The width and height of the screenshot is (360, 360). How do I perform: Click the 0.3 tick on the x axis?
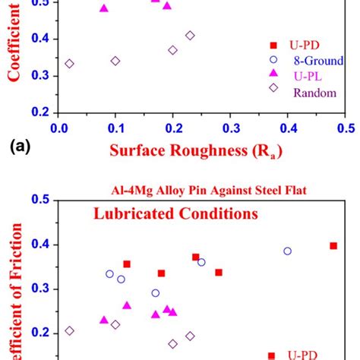click(x=231, y=126)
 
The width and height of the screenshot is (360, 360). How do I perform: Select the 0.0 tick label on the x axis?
click(x=59, y=126)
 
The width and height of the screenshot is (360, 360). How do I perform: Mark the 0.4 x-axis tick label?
click(x=288, y=126)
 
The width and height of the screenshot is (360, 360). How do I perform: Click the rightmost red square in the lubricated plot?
click(x=333, y=245)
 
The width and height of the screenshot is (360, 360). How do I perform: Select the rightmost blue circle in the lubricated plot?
click(x=287, y=251)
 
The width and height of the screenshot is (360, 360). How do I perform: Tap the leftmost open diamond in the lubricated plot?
click(x=70, y=330)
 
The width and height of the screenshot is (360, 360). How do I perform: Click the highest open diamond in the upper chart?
click(x=190, y=36)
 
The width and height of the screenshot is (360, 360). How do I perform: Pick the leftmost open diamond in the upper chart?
click(x=70, y=64)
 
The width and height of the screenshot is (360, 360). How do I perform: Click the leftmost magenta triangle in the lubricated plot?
click(x=104, y=320)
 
